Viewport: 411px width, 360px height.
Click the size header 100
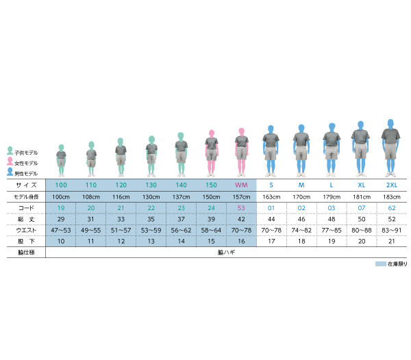(x=61, y=185)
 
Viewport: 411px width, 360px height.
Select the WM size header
(x=241, y=185)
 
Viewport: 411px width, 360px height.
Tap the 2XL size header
(x=392, y=185)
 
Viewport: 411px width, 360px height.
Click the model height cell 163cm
(x=271, y=197)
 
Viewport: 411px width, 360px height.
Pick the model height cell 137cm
(x=181, y=197)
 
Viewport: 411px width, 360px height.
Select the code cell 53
(x=241, y=208)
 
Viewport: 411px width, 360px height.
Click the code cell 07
(x=362, y=208)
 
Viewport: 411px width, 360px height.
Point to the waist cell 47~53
(x=61, y=231)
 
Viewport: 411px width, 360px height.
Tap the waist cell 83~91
(x=392, y=231)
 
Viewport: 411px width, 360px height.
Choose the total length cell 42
(x=241, y=219)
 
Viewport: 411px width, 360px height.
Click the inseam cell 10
(x=61, y=241)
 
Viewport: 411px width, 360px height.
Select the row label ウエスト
(x=26, y=231)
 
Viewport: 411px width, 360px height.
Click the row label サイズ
(x=26, y=185)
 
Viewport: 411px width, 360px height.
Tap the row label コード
(x=26, y=208)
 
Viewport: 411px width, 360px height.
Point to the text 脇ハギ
(x=227, y=252)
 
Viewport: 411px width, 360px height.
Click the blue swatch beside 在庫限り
(x=381, y=264)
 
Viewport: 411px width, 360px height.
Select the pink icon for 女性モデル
(x=10, y=162)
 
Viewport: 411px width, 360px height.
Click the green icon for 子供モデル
(x=10, y=151)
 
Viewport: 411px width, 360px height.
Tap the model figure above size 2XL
(x=390, y=149)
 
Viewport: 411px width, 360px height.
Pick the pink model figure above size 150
(x=212, y=153)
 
